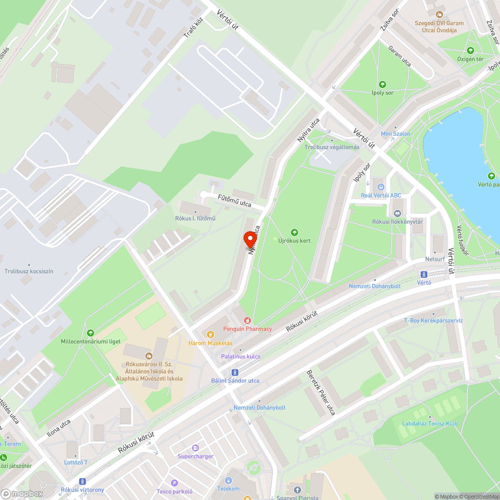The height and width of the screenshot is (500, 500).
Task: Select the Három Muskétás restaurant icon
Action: click(210, 334)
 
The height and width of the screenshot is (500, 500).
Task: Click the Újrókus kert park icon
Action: click(294, 232)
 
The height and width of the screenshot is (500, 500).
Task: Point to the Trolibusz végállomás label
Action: click(332, 147)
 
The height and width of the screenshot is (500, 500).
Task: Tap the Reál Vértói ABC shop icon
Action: click(380, 186)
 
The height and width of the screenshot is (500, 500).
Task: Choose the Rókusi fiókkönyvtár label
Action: click(397, 221)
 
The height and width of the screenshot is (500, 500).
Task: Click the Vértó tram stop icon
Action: click(424, 274)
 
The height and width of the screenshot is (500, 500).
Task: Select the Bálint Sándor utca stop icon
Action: click(234, 372)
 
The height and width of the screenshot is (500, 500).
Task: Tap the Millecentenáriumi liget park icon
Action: click(90, 333)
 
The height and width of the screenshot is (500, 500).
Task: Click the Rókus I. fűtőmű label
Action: click(195, 218)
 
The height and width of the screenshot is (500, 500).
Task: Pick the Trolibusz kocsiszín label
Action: click(29, 271)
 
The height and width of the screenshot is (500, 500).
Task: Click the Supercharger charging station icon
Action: click(195, 448)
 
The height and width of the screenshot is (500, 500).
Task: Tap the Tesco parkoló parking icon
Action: click(174, 483)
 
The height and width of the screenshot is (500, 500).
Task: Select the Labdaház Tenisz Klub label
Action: click(430, 423)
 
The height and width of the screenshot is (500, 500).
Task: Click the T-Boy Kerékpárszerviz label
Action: click(433, 320)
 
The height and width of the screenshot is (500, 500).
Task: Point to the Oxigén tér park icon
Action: click(470, 50)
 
